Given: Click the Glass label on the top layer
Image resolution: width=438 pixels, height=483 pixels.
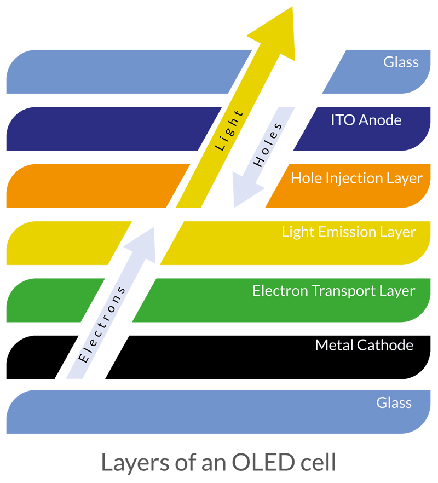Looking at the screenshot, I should point(401,62).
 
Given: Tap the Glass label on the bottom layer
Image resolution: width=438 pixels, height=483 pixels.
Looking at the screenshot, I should point(394,403).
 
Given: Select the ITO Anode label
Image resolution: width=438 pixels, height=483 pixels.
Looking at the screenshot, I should point(366,120).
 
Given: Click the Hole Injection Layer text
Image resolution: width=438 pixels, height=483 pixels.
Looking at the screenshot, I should point(356,178).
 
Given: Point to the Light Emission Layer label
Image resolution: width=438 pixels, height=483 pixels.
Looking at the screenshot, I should point(349,231).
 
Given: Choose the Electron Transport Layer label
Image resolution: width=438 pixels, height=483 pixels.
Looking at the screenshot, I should point(333,290).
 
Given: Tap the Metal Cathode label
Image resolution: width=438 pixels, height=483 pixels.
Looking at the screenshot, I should point(364,345).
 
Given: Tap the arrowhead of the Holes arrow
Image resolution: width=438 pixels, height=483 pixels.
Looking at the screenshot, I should point(244,192).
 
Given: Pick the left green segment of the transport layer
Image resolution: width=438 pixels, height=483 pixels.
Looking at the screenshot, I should point(49,300).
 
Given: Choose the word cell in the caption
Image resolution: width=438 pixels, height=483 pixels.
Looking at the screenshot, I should point(318,462).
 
